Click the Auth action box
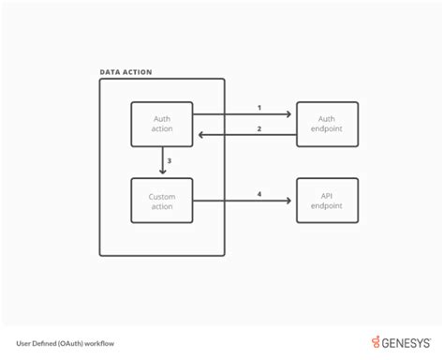click(161, 125)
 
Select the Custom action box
click(161, 201)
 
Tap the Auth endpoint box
click(327, 125)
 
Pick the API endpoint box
click(327, 201)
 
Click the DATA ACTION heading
click(126, 72)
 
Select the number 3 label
click(169, 161)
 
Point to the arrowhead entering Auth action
click(199, 136)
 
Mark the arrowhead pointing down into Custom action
click(161, 172)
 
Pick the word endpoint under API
click(327, 206)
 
